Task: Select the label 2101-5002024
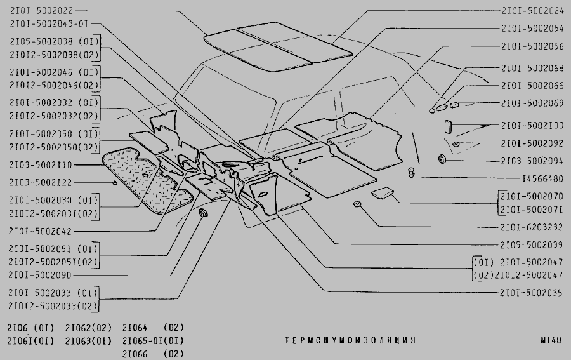click(532, 11)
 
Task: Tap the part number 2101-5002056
click(532, 46)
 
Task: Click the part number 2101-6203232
click(532, 227)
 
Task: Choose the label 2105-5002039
click(532, 244)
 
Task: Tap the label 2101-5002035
click(532, 293)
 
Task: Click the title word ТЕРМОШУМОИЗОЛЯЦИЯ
click(350, 340)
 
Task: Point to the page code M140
click(551, 340)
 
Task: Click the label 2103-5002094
click(532, 161)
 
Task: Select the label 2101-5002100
click(532, 126)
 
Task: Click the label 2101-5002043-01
click(48, 23)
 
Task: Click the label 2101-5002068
click(532, 68)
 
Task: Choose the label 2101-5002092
click(532, 143)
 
